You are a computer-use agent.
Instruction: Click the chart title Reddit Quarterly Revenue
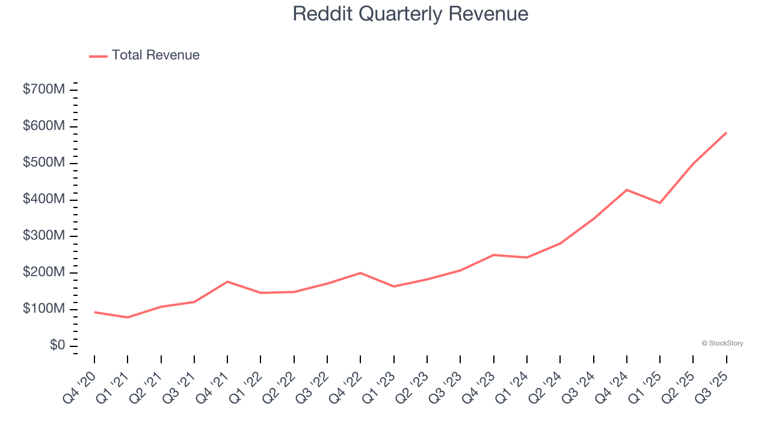(x=410, y=14)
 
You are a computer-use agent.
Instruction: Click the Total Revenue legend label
(x=155, y=55)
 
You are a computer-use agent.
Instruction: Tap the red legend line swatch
(x=98, y=56)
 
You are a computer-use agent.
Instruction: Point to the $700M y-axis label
(x=44, y=90)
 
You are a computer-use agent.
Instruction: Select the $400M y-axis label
(x=44, y=199)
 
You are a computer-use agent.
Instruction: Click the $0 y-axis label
(x=57, y=345)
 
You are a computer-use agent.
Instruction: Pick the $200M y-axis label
(x=44, y=272)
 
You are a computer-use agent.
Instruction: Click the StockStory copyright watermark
(x=722, y=343)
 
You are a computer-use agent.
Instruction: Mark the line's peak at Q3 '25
(x=726, y=132)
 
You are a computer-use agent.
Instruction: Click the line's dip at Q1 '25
(x=660, y=203)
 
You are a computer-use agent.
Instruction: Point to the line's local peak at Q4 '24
(x=627, y=190)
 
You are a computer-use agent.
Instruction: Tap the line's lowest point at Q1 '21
(x=128, y=317)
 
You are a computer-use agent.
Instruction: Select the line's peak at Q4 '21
(x=227, y=281)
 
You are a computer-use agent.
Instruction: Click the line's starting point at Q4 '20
(x=94, y=312)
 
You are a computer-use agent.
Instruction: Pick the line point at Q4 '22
(x=360, y=273)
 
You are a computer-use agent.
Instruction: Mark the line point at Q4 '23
(x=494, y=255)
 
